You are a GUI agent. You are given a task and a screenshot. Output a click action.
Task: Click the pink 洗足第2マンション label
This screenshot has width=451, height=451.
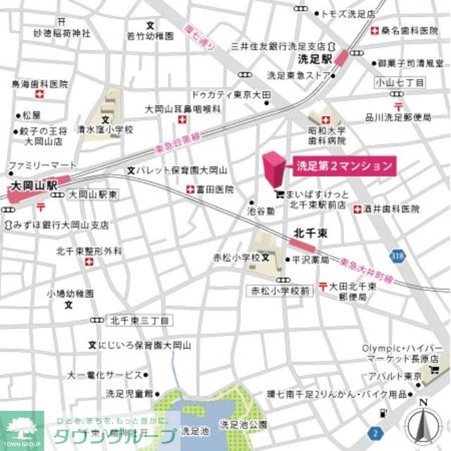(x=343, y=167)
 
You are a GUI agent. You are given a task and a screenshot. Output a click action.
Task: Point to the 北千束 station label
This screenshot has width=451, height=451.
(x=308, y=232)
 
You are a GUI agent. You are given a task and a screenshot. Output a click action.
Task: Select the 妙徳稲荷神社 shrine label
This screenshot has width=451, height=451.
(x=62, y=32)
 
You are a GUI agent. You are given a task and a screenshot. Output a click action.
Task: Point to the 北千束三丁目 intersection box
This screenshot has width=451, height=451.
(x=140, y=320)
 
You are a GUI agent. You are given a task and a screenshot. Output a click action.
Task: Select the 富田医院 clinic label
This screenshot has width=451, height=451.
(x=215, y=190)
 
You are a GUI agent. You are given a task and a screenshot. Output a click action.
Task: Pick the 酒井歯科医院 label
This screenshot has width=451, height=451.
(x=392, y=209)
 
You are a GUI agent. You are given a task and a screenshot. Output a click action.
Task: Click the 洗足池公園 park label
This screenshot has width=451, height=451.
(x=243, y=424)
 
